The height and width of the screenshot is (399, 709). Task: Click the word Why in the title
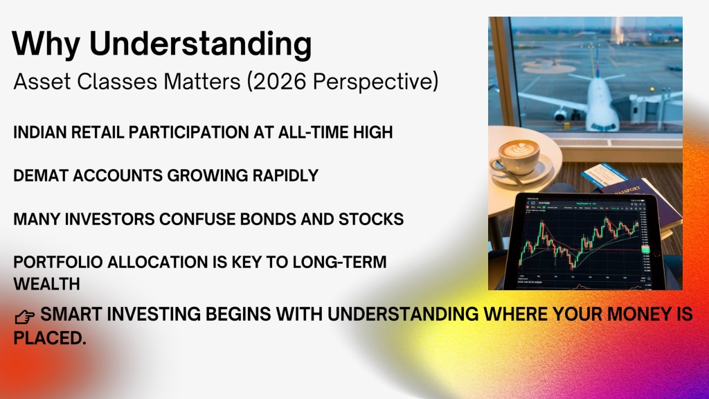click(x=46, y=44)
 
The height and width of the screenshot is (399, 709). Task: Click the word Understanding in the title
click(x=200, y=44)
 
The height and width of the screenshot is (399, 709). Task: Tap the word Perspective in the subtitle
click(x=372, y=82)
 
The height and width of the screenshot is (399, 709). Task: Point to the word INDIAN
click(x=40, y=132)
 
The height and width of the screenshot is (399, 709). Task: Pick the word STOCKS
click(x=371, y=219)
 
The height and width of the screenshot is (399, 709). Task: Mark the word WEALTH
click(x=46, y=284)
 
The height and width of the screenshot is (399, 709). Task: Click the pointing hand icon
click(x=24, y=317)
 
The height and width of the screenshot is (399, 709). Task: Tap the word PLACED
click(x=50, y=338)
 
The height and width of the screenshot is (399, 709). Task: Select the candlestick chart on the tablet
click(x=582, y=242)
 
